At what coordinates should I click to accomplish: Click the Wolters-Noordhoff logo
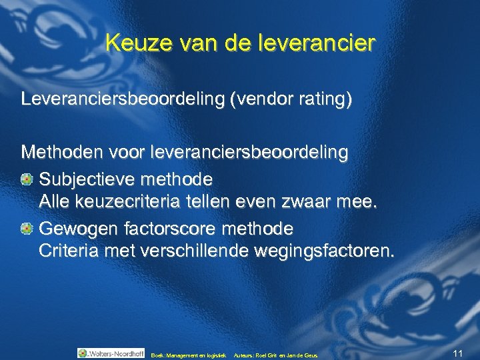point(111,353)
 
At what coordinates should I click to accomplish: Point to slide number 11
point(457,353)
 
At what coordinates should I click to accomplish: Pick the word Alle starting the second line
point(53,202)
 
